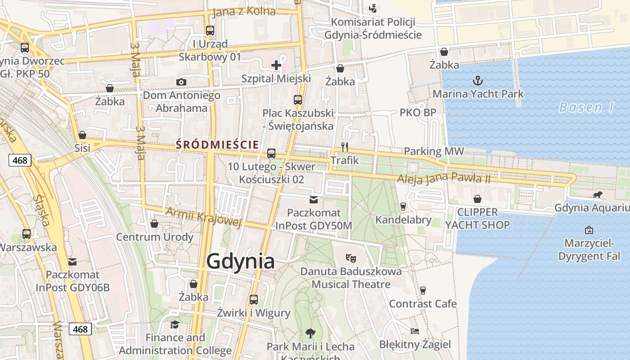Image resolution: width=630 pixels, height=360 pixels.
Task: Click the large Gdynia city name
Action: (240, 261)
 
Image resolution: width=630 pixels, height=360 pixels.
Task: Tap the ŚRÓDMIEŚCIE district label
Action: (217, 144)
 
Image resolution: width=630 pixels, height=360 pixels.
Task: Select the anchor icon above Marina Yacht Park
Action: (478, 81)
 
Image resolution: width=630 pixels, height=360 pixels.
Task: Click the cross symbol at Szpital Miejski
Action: (276, 66)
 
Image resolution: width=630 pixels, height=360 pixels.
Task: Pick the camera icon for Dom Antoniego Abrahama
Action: (181, 82)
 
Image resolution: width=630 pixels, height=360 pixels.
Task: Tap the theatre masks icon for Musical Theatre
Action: (351, 258)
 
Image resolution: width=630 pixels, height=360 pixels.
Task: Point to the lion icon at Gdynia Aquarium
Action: (597, 195)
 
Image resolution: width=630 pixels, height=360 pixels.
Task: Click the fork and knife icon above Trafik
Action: (345, 147)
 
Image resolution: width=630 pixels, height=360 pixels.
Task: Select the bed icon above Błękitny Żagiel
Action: (415, 331)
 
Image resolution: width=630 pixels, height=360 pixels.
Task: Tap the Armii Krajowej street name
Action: (203, 216)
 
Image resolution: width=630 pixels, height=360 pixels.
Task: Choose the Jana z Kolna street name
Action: (243, 11)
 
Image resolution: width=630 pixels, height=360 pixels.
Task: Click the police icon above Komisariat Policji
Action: (373, 8)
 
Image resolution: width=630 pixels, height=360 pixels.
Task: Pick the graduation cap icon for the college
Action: (175, 324)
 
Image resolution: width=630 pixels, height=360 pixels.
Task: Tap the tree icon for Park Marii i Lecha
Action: (310, 333)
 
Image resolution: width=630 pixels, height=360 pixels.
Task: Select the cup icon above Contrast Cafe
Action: (423, 291)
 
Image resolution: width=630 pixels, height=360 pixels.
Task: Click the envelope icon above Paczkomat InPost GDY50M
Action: (314, 199)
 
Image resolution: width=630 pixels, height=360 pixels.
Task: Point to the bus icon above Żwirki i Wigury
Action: (254, 300)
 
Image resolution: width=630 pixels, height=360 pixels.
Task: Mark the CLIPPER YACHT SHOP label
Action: (477, 218)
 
